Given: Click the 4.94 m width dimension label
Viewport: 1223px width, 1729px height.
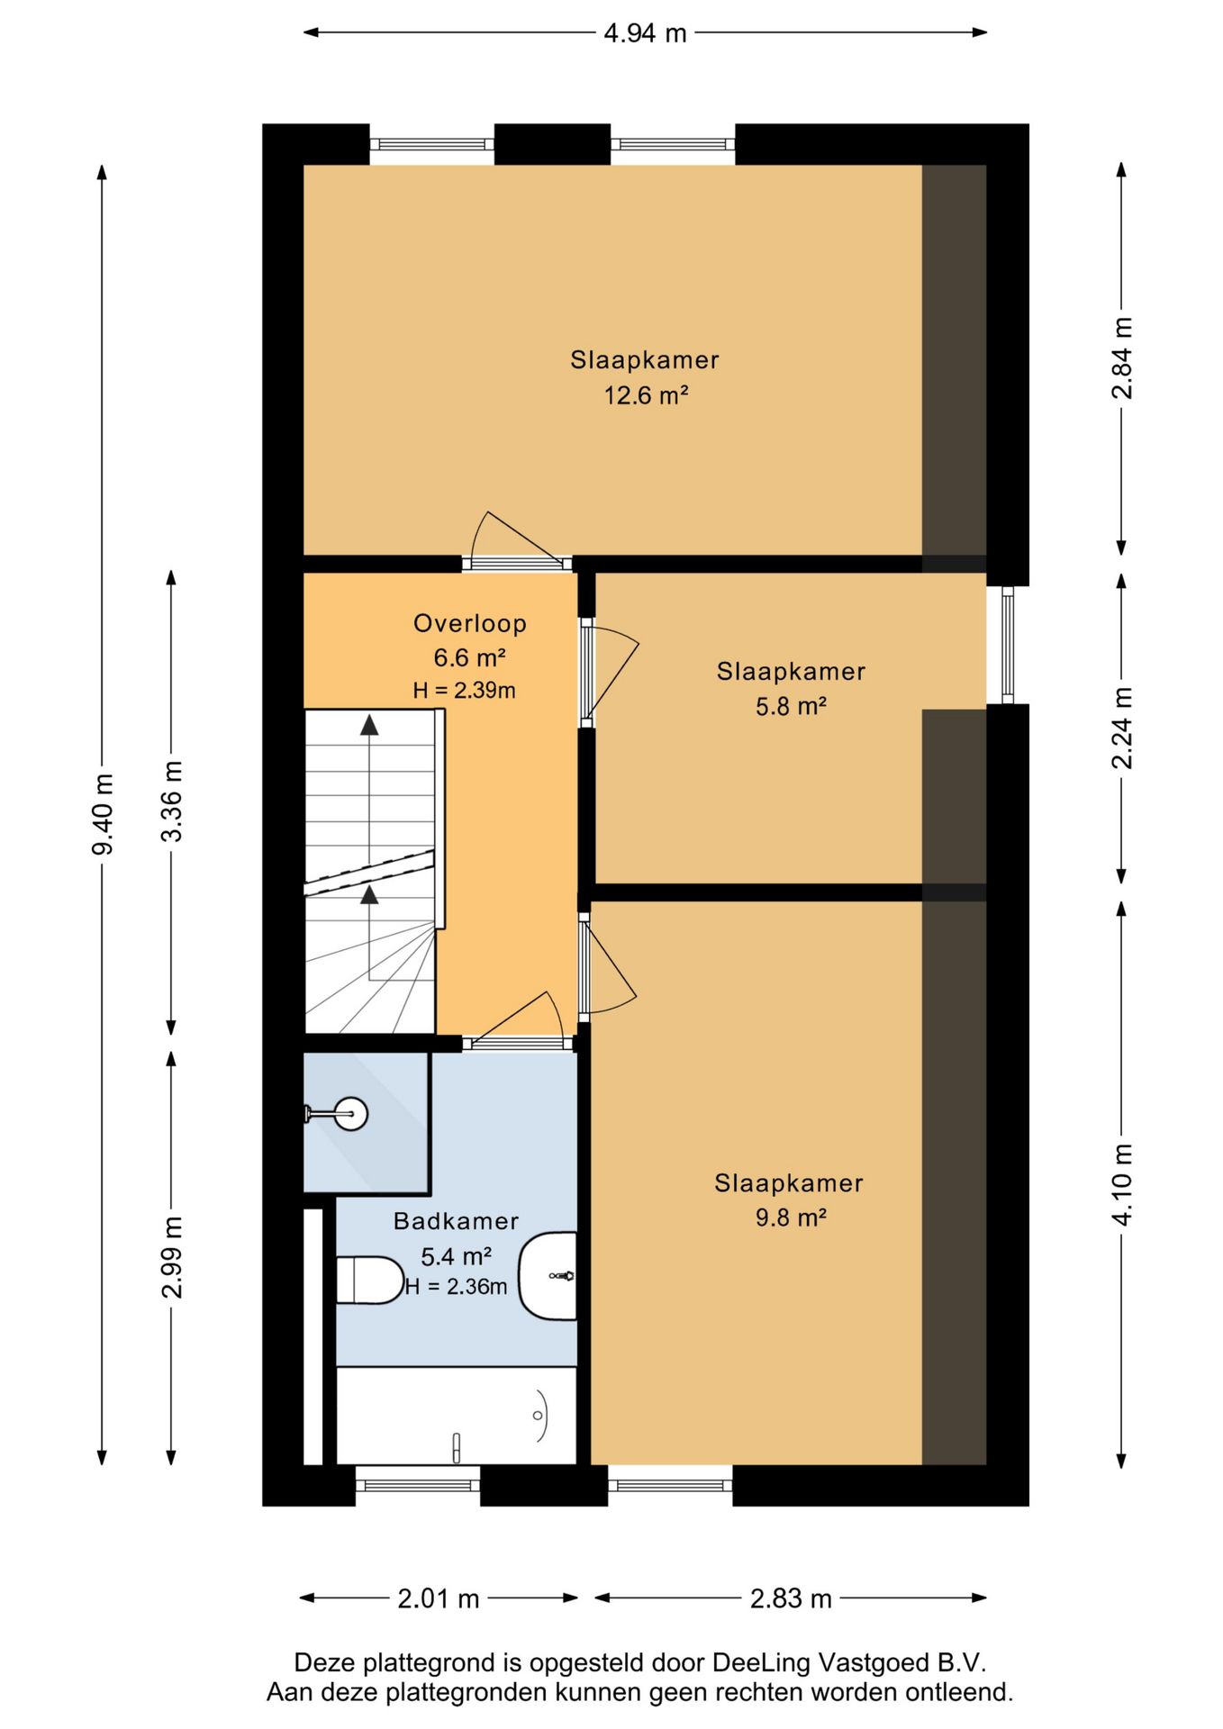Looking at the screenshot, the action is pyautogui.click(x=645, y=33).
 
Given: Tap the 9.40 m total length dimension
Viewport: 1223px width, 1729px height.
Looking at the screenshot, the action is pyautogui.click(x=103, y=814).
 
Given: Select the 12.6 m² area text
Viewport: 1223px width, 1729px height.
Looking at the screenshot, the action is pyautogui.click(x=646, y=394).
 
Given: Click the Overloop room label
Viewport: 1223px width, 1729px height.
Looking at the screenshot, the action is pyautogui.click(x=469, y=623).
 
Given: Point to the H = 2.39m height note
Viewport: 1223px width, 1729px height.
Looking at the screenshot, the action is pyautogui.click(x=464, y=691).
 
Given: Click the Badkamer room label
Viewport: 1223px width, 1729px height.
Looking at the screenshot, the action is pyautogui.click(x=456, y=1221).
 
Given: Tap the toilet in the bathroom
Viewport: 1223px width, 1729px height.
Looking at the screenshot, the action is pyautogui.click(x=370, y=1280).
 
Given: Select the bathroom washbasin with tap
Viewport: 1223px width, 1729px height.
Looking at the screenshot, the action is pyautogui.click(x=548, y=1276).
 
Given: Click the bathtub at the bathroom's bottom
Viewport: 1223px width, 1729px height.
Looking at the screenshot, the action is pyautogui.click(x=456, y=1416).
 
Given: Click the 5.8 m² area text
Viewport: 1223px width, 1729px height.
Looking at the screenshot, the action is pyautogui.click(x=791, y=706).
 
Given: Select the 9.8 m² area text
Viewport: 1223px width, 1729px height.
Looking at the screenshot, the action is pyautogui.click(x=791, y=1218).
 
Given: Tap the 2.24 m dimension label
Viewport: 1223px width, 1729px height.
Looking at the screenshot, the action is pyautogui.click(x=1122, y=728).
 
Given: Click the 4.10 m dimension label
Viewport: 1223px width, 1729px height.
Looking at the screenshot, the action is pyautogui.click(x=1122, y=1184).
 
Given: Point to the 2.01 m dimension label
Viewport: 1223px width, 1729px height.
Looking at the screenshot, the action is pyautogui.click(x=439, y=1598).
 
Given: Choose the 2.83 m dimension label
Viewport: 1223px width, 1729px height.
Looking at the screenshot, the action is pyautogui.click(x=791, y=1598).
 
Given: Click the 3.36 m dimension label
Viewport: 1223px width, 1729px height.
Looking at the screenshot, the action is pyautogui.click(x=171, y=801).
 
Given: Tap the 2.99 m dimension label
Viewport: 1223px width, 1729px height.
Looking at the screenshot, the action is pyautogui.click(x=171, y=1257).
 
